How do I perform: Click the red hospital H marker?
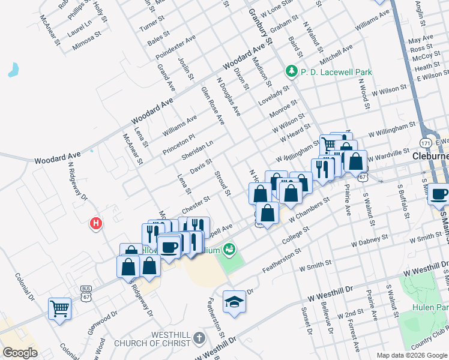tap(95, 224)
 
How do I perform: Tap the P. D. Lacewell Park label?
tap(336, 72)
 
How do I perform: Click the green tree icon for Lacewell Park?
tap(292, 71)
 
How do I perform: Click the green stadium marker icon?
tap(229, 248)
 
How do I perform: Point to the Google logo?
tap(20, 353)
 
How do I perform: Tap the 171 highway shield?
tap(426, 143)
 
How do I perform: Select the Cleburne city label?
tap(431, 157)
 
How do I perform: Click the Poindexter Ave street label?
tap(175, 47)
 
